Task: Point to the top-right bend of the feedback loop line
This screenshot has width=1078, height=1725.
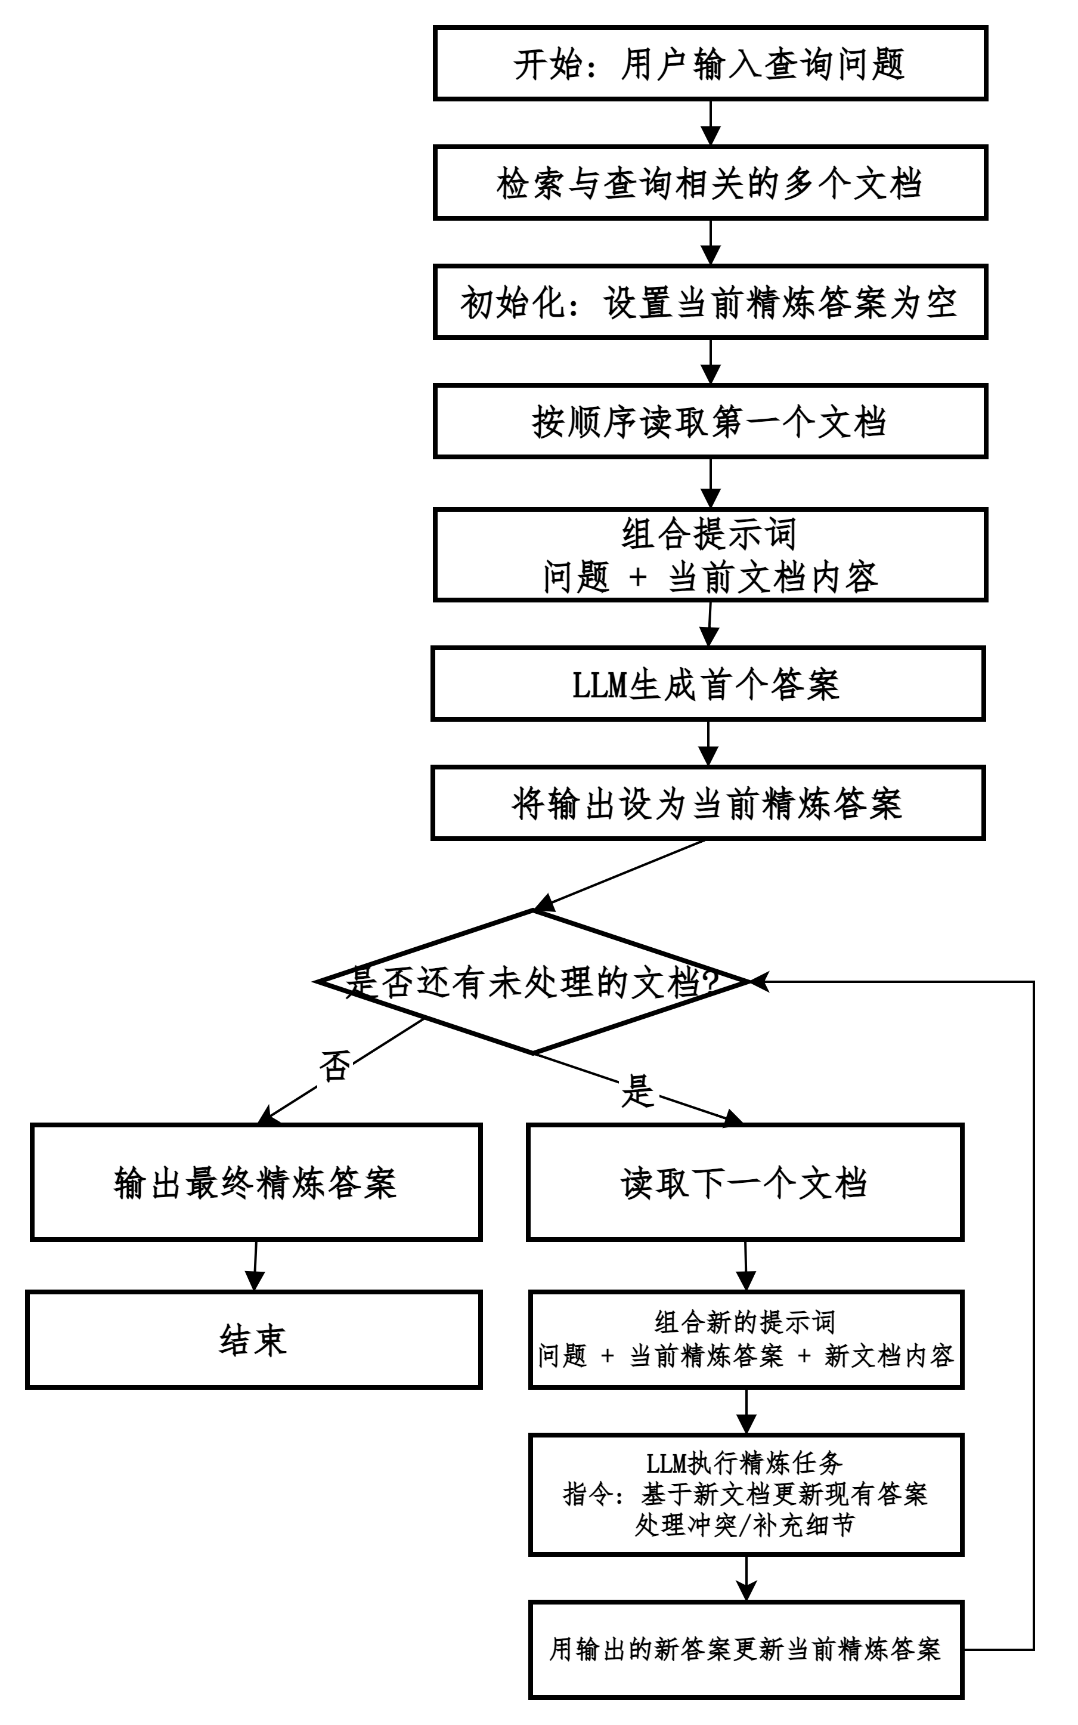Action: coord(1033,982)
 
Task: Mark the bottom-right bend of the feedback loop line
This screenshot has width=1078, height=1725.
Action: coord(1033,1649)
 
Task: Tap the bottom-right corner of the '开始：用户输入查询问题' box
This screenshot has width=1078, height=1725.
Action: coord(986,98)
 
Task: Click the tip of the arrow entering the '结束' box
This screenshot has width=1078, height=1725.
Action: coord(255,1291)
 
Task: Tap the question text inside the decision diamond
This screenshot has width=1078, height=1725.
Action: coord(533,982)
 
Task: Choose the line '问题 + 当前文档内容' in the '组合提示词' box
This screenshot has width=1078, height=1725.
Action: coord(710,577)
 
